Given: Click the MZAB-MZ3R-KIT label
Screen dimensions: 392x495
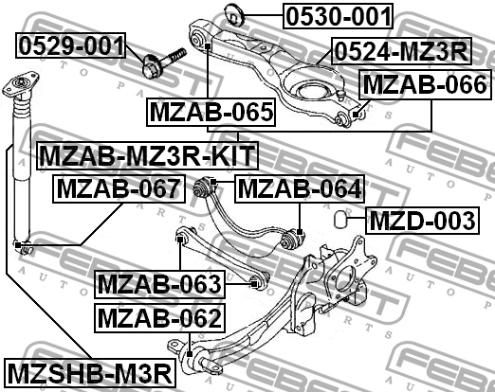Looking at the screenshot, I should coord(147,153).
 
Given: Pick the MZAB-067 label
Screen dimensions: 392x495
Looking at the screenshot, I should coord(117,188).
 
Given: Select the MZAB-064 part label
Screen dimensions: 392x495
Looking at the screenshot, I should coord(298,188).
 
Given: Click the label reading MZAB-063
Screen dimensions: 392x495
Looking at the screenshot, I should coord(158,283).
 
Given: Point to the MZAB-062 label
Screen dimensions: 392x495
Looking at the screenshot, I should coord(158,316).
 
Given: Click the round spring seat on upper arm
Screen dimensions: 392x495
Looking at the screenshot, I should coord(310,89).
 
